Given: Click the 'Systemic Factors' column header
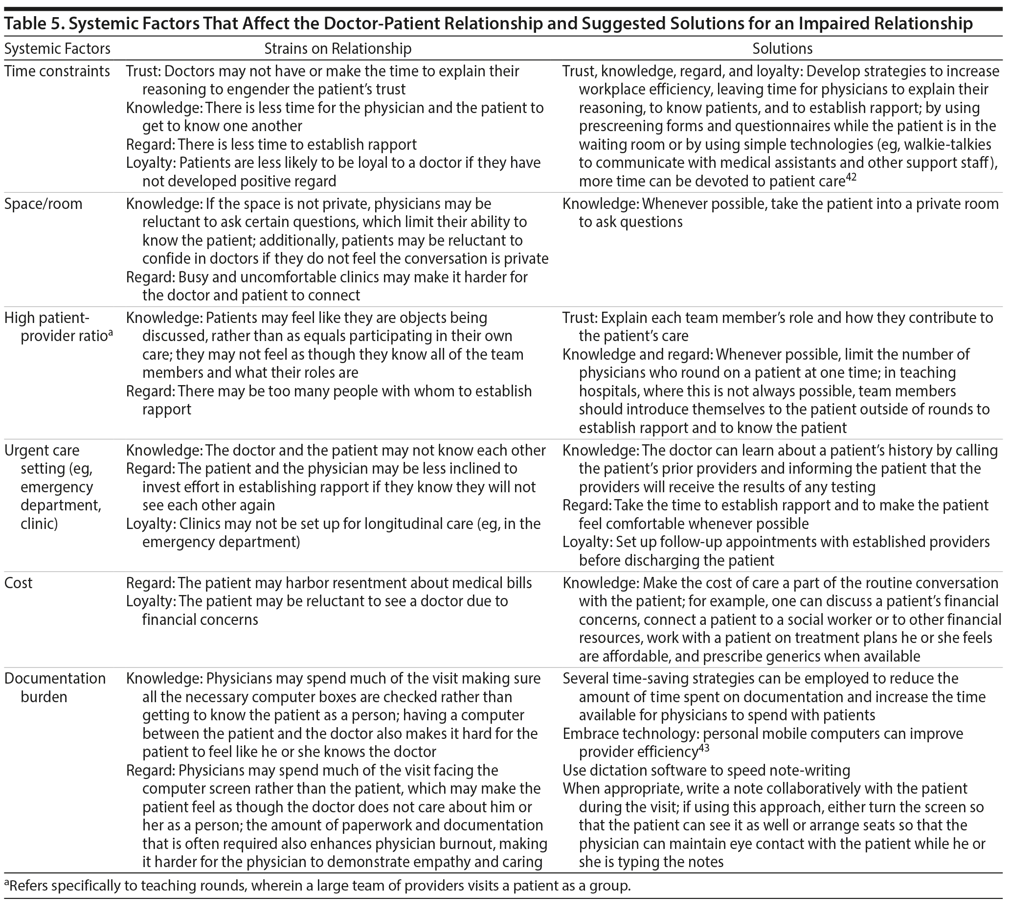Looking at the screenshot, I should tap(57, 48).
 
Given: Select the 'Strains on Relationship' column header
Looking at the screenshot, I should tap(337, 48).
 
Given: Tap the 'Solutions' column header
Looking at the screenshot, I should tap(782, 48).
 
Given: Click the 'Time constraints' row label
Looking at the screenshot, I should tap(57, 71).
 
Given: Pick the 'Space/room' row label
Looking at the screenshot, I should tap(43, 204).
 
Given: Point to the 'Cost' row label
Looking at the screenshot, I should tap(18, 583).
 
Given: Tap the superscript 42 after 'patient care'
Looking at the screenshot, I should tap(851, 177).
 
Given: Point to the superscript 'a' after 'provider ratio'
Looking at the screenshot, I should tap(111, 332).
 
